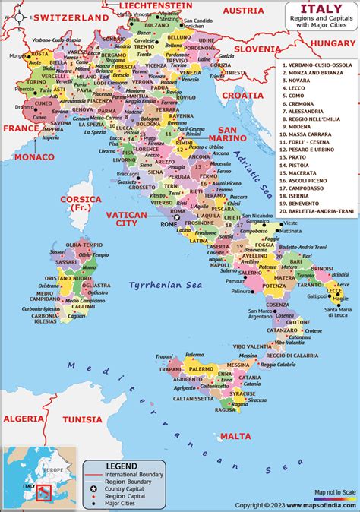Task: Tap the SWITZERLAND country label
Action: [x=51, y=17]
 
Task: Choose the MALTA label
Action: [x=235, y=436]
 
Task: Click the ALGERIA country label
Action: [x=24, y=419]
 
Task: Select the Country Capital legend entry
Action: [x=126, y=488]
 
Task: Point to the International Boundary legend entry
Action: [x=134, y=474]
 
